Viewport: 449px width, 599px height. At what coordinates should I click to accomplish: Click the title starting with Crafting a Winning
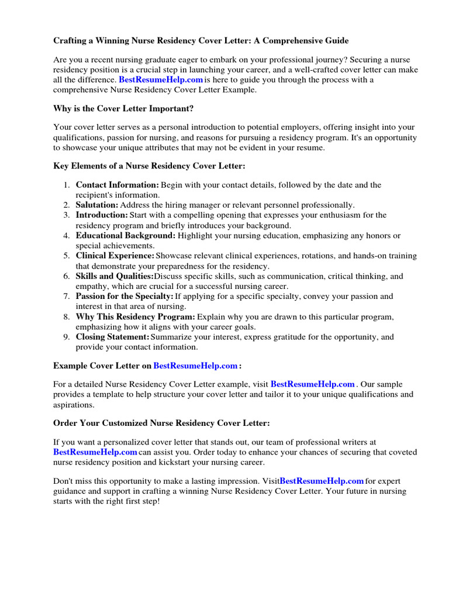201,41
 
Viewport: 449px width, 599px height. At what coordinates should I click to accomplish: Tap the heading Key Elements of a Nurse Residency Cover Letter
149,167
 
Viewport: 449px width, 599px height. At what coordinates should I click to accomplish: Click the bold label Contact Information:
117,185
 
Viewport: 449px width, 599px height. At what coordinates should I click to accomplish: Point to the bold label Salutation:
97,205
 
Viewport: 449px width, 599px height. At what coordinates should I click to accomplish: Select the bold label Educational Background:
125,235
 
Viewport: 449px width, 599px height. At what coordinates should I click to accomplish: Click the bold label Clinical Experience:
115,256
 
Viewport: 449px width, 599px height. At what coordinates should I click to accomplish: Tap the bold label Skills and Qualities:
115,276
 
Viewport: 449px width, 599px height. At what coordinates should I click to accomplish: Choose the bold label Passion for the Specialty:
125,297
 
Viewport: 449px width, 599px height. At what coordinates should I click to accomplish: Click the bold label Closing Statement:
113,337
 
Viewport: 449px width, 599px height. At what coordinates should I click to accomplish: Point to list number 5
67,256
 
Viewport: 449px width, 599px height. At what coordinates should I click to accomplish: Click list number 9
67,337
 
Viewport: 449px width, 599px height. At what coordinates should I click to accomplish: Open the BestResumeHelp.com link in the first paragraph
161,80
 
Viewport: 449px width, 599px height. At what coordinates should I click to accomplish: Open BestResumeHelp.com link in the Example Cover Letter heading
195,366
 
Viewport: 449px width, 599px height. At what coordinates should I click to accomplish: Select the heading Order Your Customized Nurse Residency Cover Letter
161,423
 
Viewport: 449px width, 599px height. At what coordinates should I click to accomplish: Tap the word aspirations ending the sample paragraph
73,404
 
